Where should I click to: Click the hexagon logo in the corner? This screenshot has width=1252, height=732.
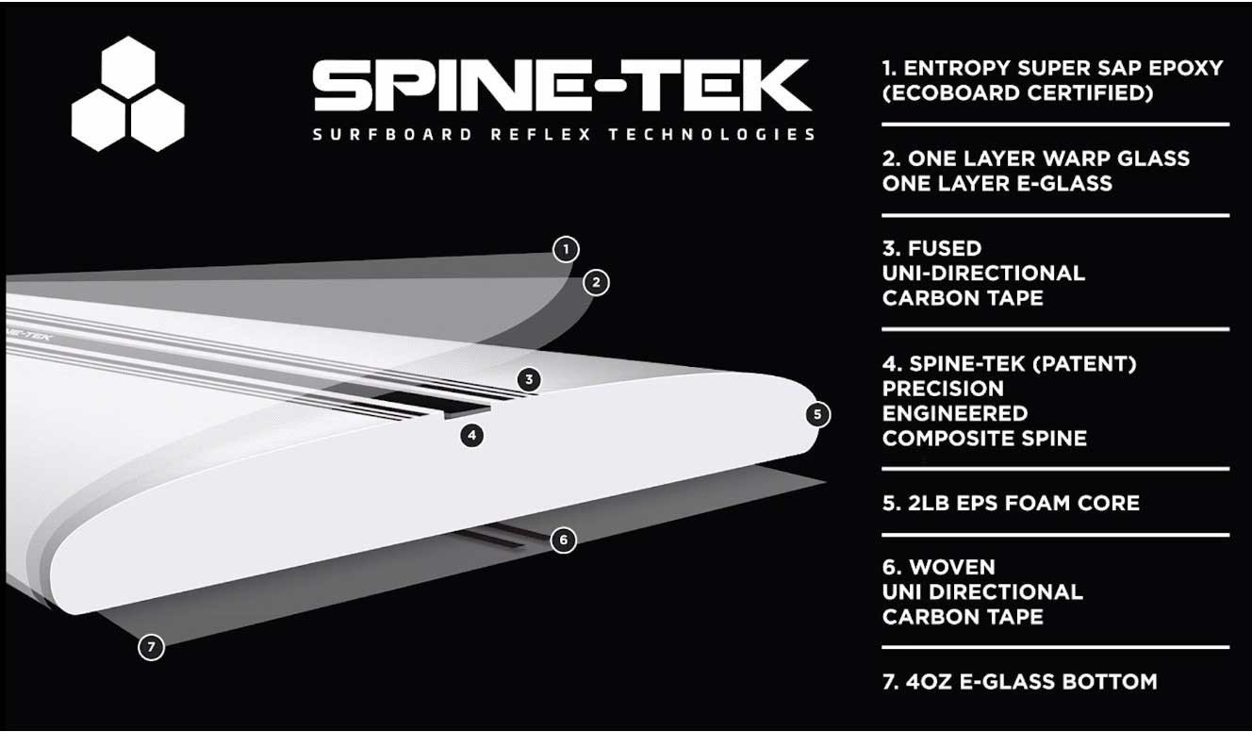[128, 95]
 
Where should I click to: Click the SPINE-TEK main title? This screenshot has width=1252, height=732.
[561, 88]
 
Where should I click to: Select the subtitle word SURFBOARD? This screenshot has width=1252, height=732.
[393, 134]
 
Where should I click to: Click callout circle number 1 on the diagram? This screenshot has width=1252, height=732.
[566, 249]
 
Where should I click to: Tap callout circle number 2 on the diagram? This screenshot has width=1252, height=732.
[596, 281]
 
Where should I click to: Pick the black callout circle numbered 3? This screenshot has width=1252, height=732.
[530, 379]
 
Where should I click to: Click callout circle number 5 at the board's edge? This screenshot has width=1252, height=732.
[817, 413]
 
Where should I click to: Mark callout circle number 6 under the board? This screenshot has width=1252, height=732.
[563, 540]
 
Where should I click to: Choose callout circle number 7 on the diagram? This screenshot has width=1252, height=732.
[151, 647]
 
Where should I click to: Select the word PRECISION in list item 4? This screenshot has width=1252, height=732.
[943, 389]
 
